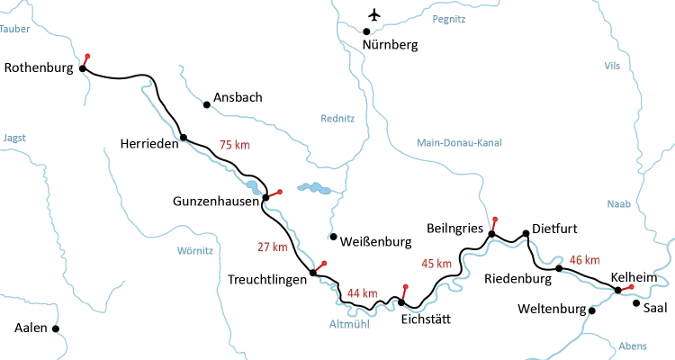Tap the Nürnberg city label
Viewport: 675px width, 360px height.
click(391, 43)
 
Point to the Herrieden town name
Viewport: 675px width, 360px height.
click(148, 144)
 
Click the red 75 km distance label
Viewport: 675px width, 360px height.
click(233, 143)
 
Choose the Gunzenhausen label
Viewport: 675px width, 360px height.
click(215, 204)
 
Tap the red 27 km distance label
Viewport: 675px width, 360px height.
click(273, 246)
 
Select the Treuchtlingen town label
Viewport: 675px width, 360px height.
click(266, 280)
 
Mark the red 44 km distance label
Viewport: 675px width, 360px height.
click(363, 293)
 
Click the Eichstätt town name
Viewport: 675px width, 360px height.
click(423, 319)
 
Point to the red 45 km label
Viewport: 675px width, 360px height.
click(436, 264)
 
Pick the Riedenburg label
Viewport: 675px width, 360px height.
click(517, 279)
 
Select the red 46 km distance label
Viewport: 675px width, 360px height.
click(585, 260)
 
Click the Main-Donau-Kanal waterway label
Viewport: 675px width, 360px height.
click(460, 142)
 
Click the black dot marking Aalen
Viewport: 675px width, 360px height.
click(55, 328)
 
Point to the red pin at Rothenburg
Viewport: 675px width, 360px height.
click(85, 58)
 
